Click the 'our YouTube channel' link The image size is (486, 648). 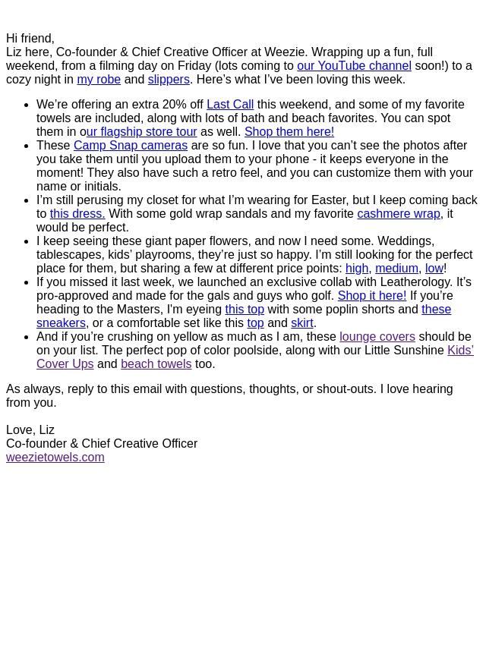point(354,66)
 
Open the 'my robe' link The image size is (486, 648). point(99,80)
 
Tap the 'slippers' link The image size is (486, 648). point(169,80)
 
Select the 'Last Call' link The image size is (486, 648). point(230,105)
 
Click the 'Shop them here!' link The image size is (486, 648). point(289,132)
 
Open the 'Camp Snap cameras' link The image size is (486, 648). point(131,146)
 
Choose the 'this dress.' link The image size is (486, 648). point(77,214)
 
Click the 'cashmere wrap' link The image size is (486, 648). point(399,214)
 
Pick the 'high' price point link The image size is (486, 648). point(357,269)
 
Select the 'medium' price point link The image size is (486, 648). point(396,269)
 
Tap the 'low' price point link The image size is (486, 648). point(434,269)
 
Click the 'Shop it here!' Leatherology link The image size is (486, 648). point(371,296)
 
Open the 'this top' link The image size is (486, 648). point(245,310)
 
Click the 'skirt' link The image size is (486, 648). point(302,323)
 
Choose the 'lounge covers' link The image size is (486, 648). point(377,337)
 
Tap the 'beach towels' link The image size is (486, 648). point(156,364)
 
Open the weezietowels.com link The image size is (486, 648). point(55,458)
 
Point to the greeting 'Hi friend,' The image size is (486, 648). point(30,39)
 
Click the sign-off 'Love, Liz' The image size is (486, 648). point(30,430)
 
